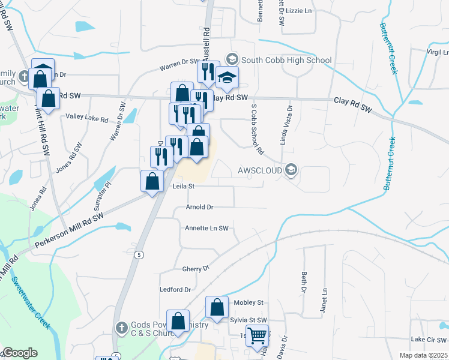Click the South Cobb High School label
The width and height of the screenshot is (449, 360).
(x=286, y=60)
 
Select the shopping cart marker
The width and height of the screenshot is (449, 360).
(x=258, y=337)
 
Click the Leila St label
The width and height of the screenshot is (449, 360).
(x=184, y=187)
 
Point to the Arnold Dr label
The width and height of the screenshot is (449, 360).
(x=199, y=207)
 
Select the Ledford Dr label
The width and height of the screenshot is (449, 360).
(x=175, y=289)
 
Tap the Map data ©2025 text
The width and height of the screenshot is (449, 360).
(x=423, y=355)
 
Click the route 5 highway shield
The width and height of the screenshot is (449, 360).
(x=139, y=254)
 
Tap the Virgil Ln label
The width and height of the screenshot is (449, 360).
(x=437, y=52)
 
